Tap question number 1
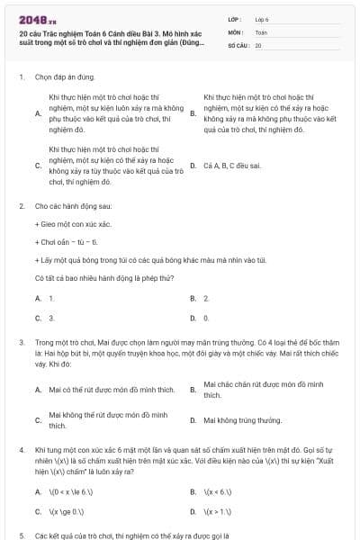(x=21, y=78)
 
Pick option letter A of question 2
(x=38, y=297)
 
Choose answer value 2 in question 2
(x=206, y=297)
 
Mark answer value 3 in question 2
(x=51, y=318)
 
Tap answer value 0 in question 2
(x=206, y=318)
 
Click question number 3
(x=21, y=343)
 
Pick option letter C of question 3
(x=38, y=419)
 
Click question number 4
(x=21, y=447)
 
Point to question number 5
(x=21, y=535)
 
